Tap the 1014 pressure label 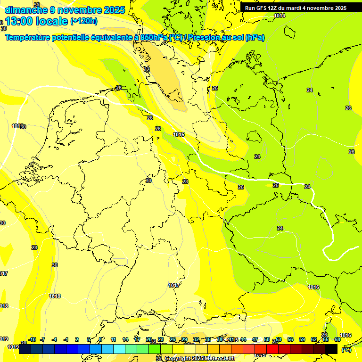click(280, 16)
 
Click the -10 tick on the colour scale click(32, 339)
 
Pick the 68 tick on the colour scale click(337, 339)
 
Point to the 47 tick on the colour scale click(255, 339)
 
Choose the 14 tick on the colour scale click(125, 339)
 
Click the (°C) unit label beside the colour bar click(346, 350)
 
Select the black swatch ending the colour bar click(331, 349)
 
